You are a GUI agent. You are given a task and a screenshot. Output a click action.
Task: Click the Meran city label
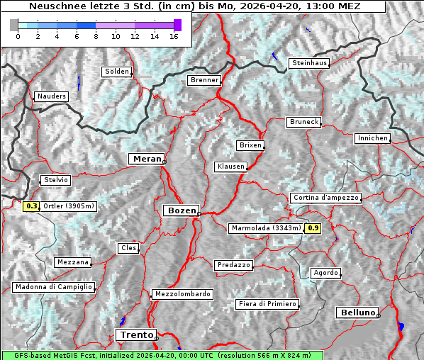[x=146, y=159]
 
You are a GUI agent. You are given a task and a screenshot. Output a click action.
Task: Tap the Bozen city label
[x=180, y=210]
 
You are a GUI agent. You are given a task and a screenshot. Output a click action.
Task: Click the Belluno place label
[x=357, y=312]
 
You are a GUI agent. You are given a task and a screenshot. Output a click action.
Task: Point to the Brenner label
[x=204, y=81]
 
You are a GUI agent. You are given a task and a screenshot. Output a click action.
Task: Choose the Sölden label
[x=117, y=72]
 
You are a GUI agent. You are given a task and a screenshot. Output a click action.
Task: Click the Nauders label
[x=50, y=96]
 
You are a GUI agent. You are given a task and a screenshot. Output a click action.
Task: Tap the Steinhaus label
[x=309, y=63]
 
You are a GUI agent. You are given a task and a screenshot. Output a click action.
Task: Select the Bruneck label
[x=304, y=122]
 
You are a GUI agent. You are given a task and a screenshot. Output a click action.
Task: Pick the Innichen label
[x=372, y=138]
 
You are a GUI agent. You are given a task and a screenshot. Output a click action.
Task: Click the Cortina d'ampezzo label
[x=325, y=198]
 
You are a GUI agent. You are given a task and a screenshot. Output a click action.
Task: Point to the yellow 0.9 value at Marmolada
[x=313, y=228]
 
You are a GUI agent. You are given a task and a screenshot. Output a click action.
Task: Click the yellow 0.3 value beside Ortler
[x=31, y=206]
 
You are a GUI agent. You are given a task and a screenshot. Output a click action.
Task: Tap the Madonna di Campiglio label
[x=53, y=287]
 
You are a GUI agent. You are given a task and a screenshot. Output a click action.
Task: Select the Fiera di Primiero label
[x=267, y=304]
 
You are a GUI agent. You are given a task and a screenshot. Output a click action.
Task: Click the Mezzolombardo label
[x=182, y=294]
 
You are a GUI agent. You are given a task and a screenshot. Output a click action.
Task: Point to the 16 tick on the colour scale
[x=174, y=36]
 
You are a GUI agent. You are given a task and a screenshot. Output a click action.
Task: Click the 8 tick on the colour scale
[x=96, y=36]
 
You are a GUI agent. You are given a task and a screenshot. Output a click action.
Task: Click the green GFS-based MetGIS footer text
[x=162, y=355]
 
